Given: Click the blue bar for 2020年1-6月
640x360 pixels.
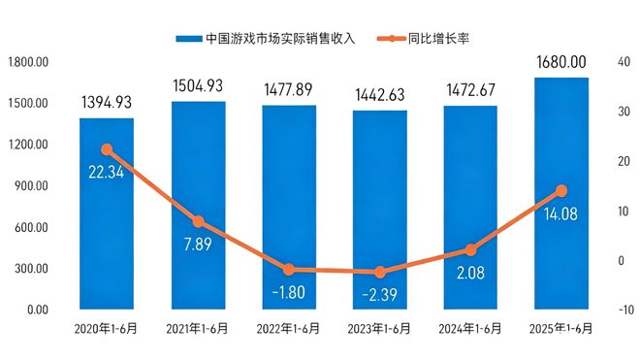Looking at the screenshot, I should tap(107, 213).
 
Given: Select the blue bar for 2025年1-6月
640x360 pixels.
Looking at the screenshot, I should tap(561, 194).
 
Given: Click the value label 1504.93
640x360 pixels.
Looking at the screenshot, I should tap(198, 84).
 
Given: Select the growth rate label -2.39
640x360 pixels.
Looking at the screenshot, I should tap(380, 293).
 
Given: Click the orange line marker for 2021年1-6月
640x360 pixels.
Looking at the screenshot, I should tap(198, 222).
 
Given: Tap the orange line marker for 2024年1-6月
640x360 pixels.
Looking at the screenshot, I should tap(471, 250).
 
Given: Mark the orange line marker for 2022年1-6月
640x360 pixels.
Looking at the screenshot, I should tap(289, 270).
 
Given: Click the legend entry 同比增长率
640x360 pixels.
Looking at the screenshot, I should tap(430, 39).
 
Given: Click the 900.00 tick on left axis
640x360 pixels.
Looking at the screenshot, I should tap(29, 186).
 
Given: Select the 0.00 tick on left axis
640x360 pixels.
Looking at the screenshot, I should tap(36, 310).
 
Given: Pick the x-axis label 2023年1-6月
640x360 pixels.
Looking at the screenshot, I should tap(380, 328).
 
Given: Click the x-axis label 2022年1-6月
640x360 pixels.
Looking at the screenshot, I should tap(289, 328).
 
